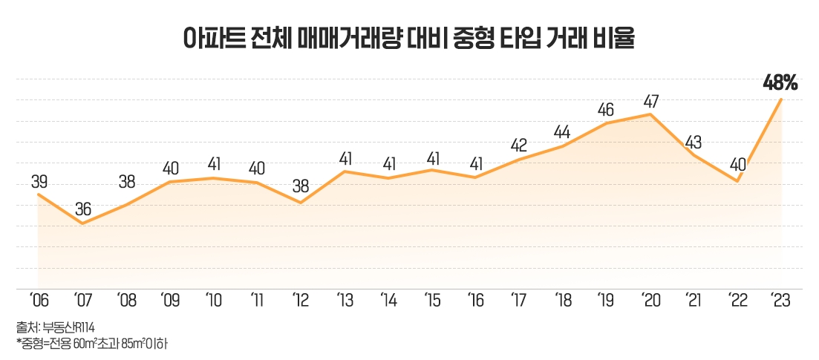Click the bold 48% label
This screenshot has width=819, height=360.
pos(780,83)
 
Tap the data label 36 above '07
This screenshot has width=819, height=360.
pos(82,209)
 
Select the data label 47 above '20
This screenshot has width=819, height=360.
pos(651,100)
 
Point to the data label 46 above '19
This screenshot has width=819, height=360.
pos(607,110)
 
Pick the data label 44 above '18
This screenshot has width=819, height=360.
pos(563,132)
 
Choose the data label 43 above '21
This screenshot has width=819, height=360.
pos(694,141)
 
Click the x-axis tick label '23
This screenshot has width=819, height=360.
pos(780,301)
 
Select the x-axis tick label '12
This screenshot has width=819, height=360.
pos(300,301)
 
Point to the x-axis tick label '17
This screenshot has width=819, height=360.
pos(518,301)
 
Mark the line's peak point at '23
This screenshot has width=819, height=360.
pos(781,99)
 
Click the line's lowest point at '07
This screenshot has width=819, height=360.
pos(82,223)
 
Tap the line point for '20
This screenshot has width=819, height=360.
pos(650,114)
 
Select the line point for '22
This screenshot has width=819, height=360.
pos(737,181)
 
